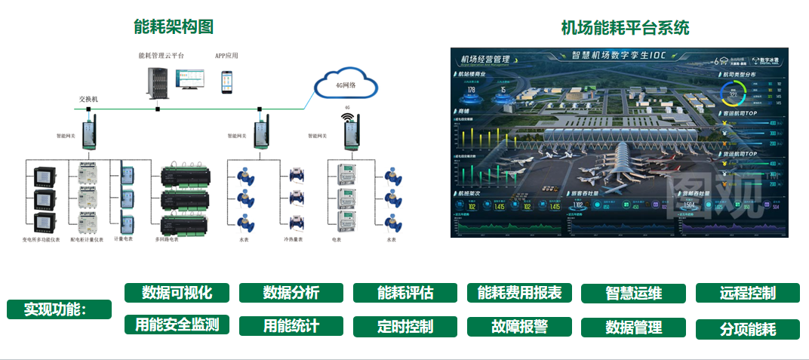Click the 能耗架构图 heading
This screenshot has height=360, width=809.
coord(174,27)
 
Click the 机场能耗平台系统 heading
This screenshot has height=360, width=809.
coord(625,29)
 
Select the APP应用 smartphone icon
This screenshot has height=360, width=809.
coord(226,82)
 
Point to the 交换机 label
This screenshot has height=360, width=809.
coord(88,99)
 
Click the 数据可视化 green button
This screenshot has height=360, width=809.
coord(177,293)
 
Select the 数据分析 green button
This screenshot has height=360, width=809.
coord(291,293)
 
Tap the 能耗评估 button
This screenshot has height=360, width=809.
coord(405,293)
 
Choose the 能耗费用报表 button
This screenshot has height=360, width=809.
coord(519,293)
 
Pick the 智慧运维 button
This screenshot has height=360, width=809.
coord(633,294)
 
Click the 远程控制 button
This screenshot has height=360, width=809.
coord(748,293)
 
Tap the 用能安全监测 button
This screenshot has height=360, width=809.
coord(177,325)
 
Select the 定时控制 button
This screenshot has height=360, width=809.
coord(405,327)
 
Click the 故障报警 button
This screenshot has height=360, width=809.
coord(519,327)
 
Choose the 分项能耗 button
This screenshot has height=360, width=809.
coord(748,329)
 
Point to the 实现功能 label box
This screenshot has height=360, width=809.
coord(59,309)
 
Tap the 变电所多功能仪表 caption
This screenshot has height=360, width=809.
coord(42,239)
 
